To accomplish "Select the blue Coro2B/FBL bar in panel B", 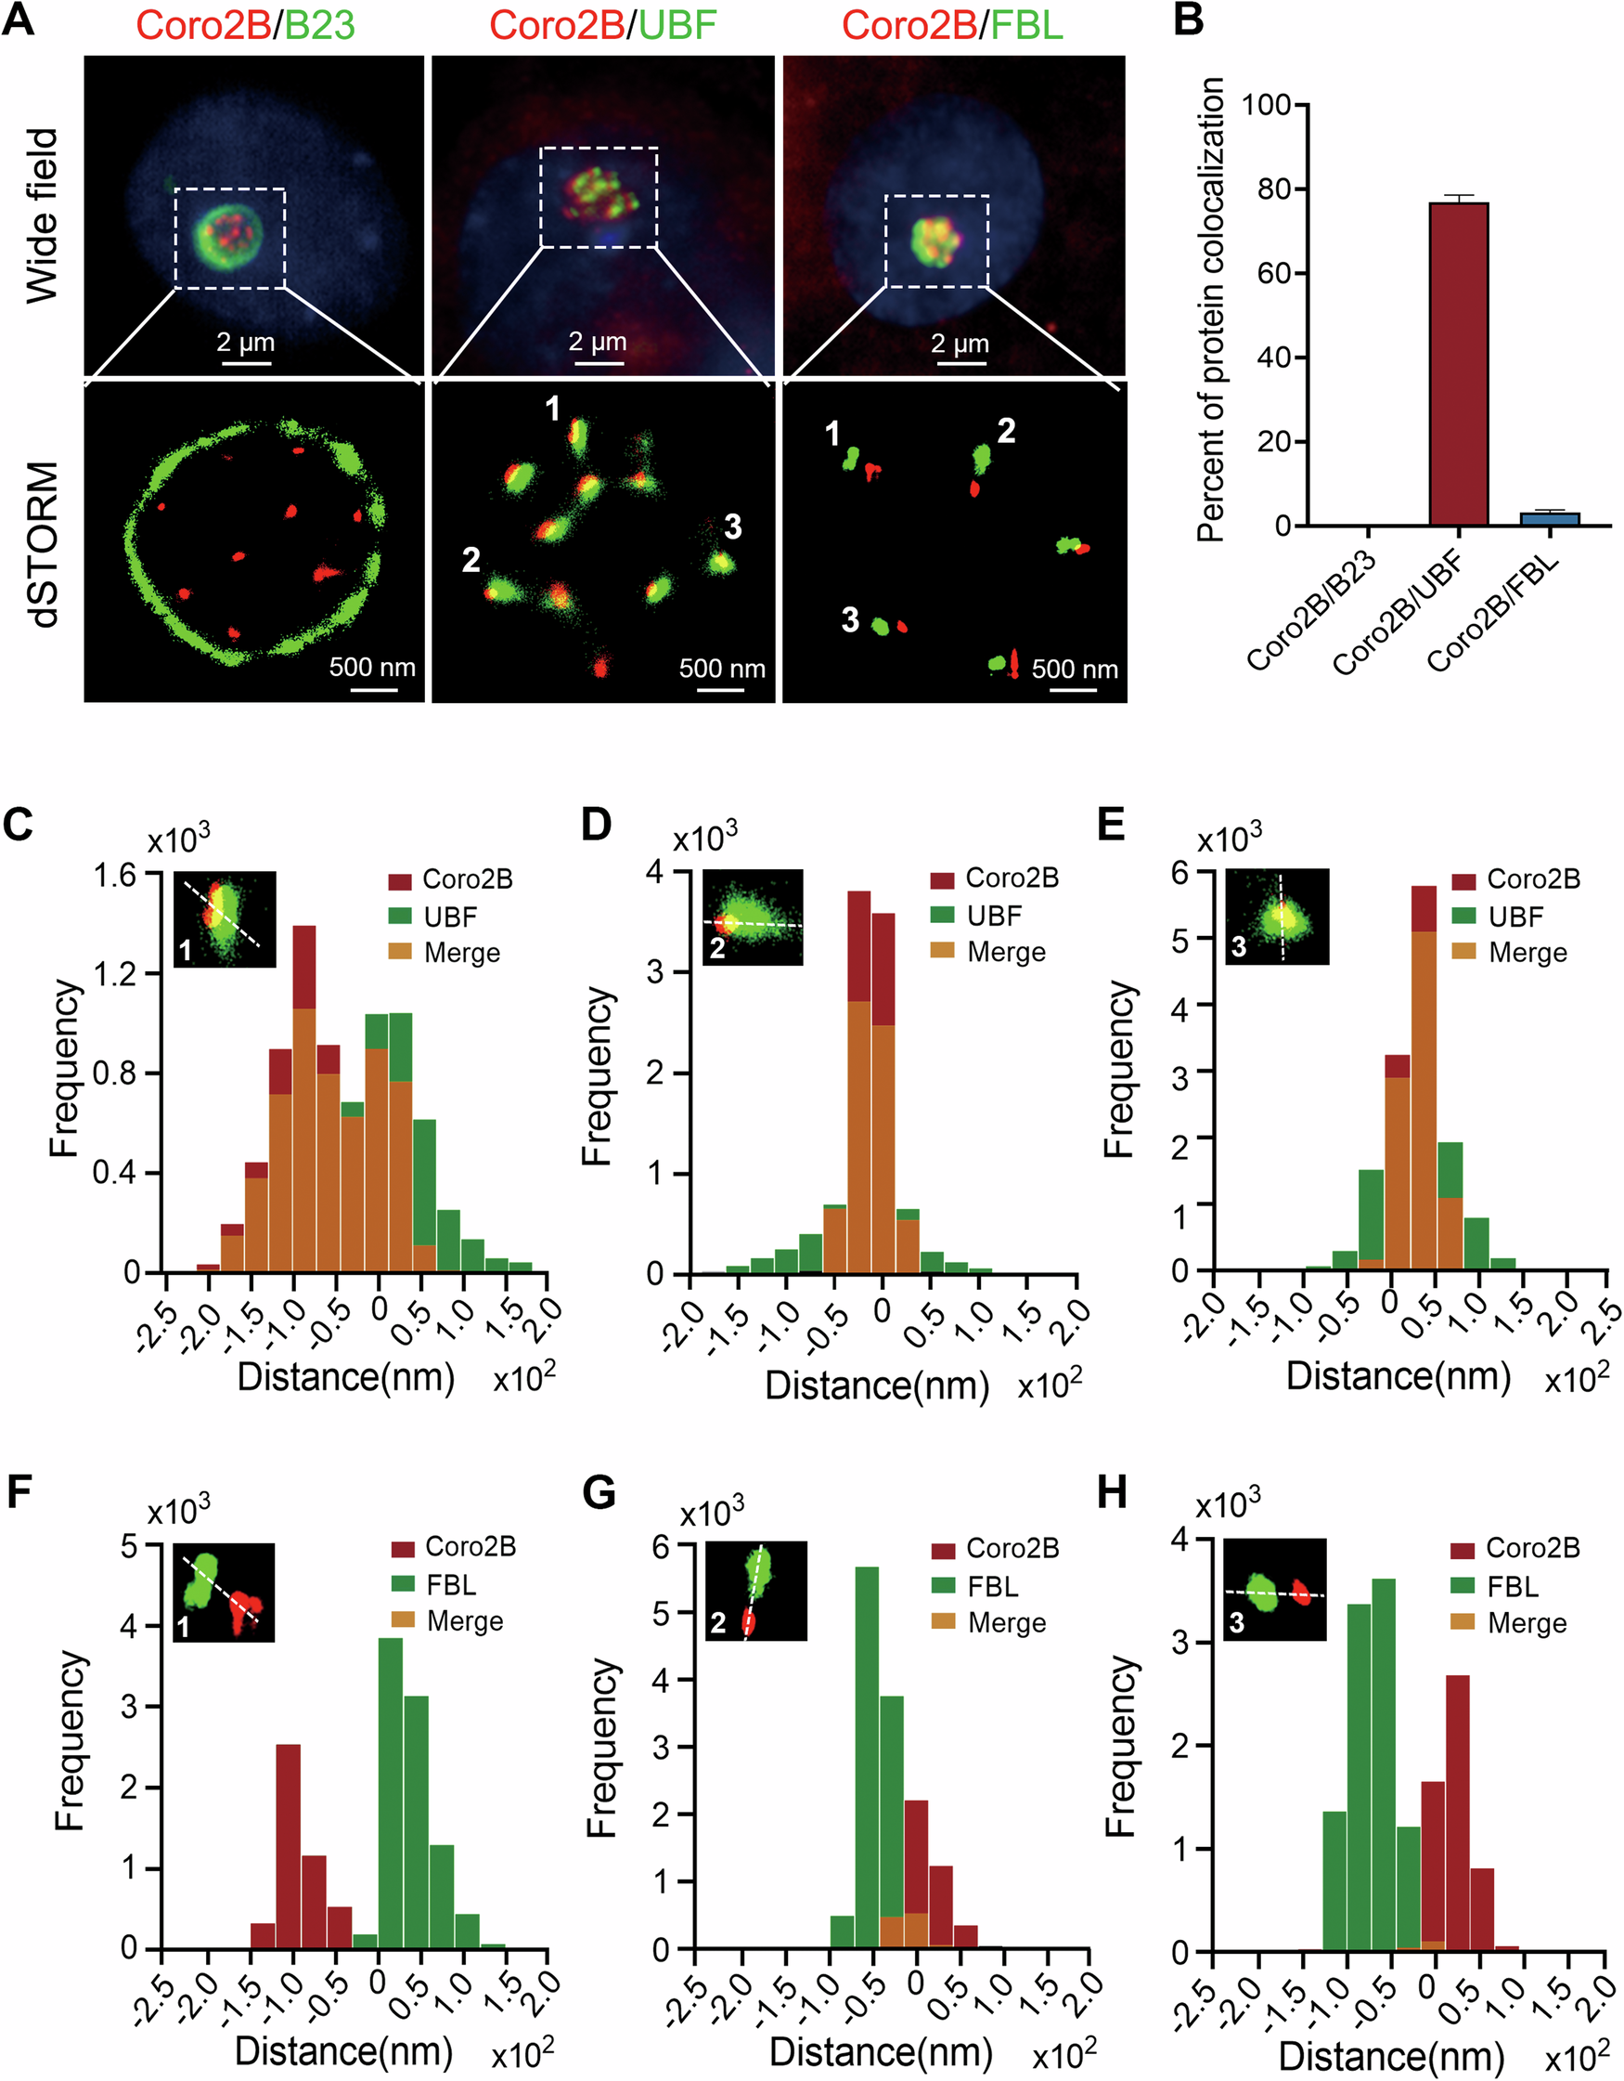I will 1550,519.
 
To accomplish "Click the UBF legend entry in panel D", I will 994,916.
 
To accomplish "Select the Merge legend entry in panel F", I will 464,1620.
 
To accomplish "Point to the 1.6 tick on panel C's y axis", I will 114,874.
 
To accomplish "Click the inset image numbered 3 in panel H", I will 1273,1590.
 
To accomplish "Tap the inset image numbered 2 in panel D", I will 753,917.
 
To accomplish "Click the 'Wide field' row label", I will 43,216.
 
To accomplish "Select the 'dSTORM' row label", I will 43,544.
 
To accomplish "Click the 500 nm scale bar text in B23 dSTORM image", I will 372,667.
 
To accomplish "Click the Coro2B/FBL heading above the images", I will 951,25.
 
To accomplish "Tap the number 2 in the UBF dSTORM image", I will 470,560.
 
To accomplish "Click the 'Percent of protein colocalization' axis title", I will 1211,309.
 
